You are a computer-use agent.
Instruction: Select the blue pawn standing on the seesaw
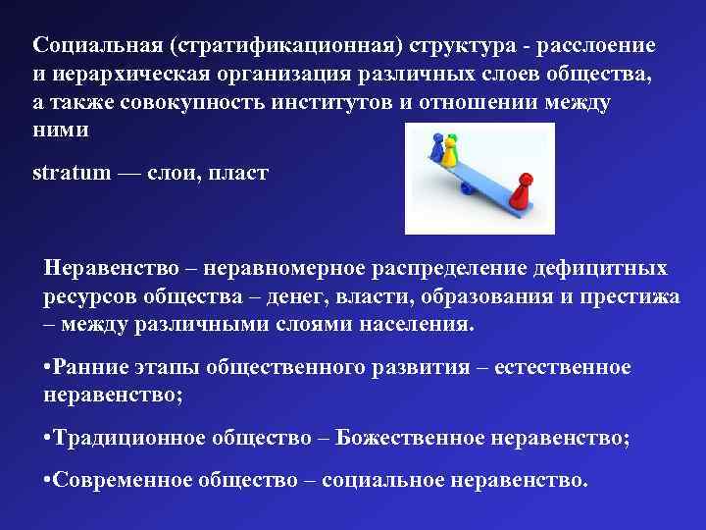(436, 149)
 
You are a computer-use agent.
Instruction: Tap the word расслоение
(602, 46)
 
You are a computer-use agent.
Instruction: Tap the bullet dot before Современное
(48, 482)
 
